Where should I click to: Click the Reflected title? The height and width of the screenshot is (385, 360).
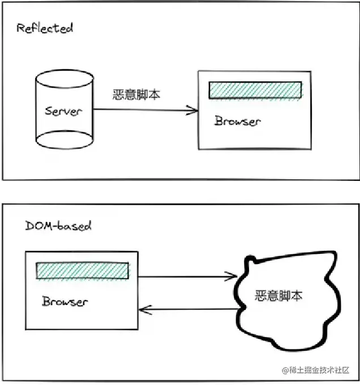(x=45, y=28)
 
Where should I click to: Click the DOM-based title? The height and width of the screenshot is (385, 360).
(x=58, y=226)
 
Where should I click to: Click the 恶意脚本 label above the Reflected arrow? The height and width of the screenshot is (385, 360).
(x=136, y=94)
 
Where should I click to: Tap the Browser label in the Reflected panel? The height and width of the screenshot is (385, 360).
(x=237, y=121)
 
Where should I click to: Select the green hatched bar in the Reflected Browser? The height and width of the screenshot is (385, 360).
(x=255, y=90)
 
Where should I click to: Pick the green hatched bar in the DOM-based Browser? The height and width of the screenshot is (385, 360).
(x=83, y=271)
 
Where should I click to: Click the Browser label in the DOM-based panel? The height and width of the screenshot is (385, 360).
(x=65, y=301)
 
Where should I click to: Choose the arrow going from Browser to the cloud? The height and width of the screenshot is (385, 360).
(x=187, y=277)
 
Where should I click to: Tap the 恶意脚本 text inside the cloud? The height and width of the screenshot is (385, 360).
(x=278, y=295)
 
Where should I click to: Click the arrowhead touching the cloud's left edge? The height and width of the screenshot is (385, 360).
(x=233, y=276)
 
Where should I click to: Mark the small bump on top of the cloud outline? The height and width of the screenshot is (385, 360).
(x=251, y=261)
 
